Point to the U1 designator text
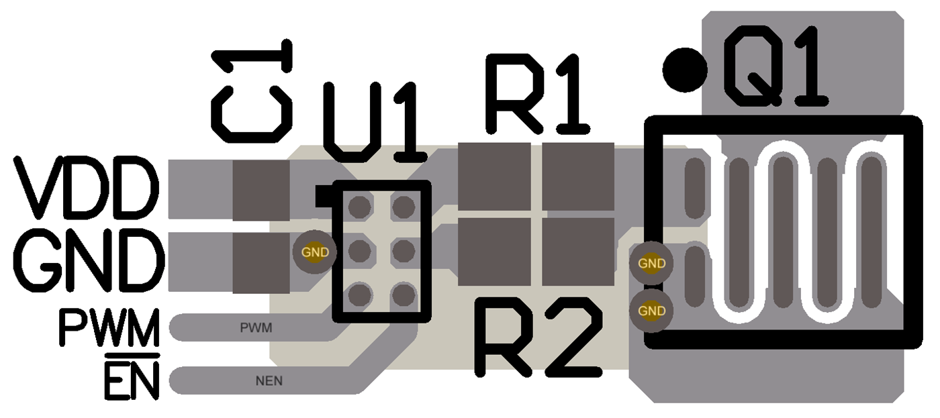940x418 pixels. coord(375,122)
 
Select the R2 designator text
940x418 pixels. coord(537,337)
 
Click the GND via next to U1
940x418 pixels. coord(315,252)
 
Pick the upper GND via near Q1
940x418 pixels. coord(651,264)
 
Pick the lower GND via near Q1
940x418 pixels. coord(651,311)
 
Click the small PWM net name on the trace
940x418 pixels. coord(256,329)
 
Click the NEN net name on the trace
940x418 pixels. coord(269,381)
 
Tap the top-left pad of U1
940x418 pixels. coord(361,206)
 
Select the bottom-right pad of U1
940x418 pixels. coord(403,295)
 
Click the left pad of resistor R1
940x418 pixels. coord(494,176)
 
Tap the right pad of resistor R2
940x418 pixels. coord(578,252)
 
